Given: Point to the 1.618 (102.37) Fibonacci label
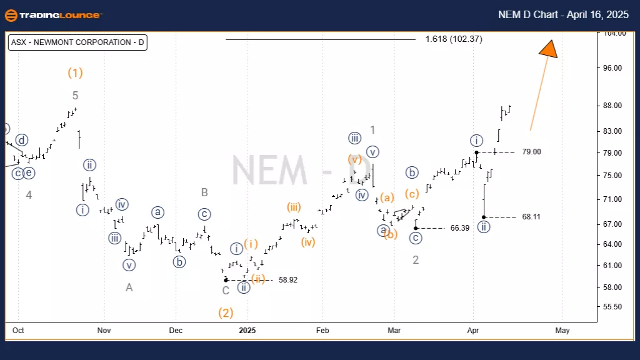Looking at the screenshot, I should coord(453,39).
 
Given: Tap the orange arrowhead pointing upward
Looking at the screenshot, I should coord(548,49).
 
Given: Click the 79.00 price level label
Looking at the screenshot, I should coord(531,152).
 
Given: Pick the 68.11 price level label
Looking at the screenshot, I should coord(531,217).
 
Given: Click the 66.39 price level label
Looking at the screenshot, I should coord(459,228).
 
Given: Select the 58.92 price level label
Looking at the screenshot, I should coord(287,280).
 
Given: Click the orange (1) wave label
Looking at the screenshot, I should coord(75,72).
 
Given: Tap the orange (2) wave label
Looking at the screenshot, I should coord(226,312).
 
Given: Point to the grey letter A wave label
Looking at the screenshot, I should coord(129,287).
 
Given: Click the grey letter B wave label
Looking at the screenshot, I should coord(204,192).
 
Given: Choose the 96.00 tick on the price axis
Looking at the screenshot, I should coord(616,68).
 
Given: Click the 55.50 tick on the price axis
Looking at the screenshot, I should coord(616,307).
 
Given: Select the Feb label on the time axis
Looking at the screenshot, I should coord(322,331).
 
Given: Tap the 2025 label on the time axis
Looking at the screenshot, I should coord(247,331).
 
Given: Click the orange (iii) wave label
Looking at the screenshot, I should coord(294,207).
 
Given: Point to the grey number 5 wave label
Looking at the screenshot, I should coord(75,96).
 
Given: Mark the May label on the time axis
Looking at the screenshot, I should coord(562,331).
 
